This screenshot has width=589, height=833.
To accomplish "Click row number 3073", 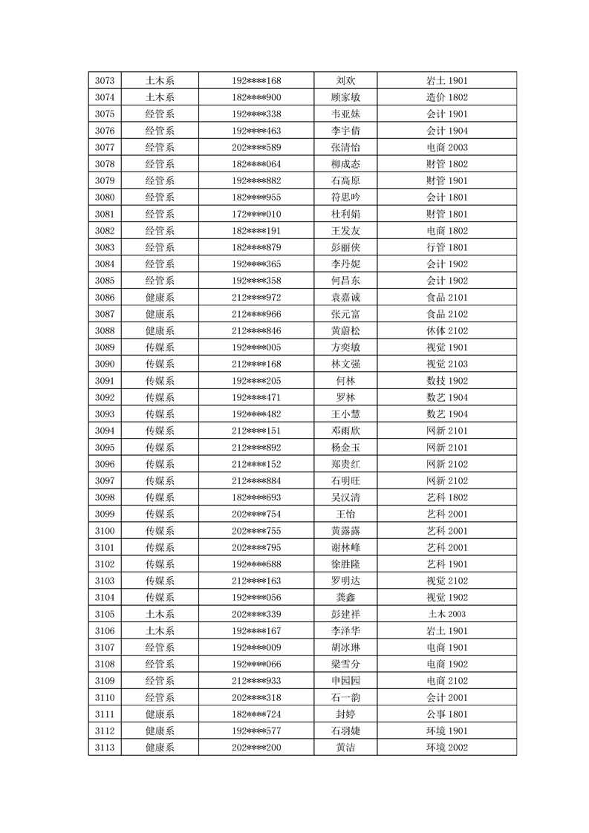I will [x=105, y=80].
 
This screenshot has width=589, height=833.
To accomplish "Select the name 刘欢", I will [x=345, y=80].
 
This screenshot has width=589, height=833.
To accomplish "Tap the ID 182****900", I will [x=256, y=97].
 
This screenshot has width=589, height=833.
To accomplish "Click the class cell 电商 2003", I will [x=446, y=147].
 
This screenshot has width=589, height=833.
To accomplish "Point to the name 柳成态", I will [x=345, y=164].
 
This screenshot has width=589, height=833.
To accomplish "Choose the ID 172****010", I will [x=256, y=214].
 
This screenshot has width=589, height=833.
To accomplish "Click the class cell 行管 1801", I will [x=446, y=247].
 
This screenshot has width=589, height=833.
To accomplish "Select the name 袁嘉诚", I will [x=345, y=297].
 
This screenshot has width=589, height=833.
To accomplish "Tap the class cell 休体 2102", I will [x=446, y=330].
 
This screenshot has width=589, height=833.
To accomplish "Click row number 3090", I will [x=105, y=364].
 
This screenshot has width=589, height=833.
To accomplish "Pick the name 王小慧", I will [x=345, y=414].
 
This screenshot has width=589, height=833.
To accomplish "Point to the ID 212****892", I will [x=256, y=447].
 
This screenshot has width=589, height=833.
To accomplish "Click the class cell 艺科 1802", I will [x=446, y=497].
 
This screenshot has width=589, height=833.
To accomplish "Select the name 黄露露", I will [x=345, y=530].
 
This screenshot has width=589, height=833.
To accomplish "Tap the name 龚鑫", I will [x=345, y=597].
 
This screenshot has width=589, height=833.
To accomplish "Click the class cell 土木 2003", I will [x=446, y=614].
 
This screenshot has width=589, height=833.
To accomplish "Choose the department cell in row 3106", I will [x=160, y=630].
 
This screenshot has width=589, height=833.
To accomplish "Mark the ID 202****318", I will [x=256, y=697].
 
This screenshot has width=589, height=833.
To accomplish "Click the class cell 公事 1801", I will [x=446, y=713].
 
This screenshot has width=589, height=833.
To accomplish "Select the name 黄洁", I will [x=345, y=747].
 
